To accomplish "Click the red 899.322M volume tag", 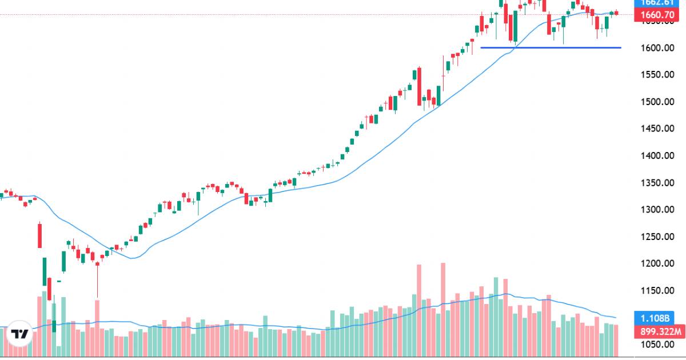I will click(659, 331).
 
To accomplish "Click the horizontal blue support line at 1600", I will click(549, 47).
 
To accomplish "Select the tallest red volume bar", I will click(442, 309).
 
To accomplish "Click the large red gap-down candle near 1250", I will click(39, 235).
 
